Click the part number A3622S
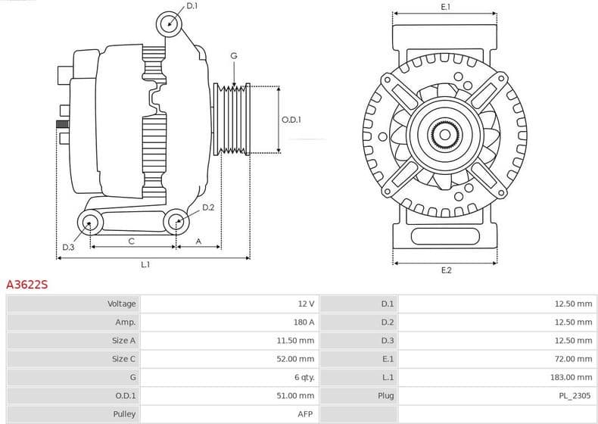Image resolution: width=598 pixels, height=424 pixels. [x=27, y=285]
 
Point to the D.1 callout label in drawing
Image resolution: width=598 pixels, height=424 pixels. [x=192, y=6]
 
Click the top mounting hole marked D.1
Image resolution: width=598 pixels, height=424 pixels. [x=170, y=23]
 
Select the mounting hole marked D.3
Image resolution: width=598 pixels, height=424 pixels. [x=91, y=223]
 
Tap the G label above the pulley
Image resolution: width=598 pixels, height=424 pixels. [x=234, y=56]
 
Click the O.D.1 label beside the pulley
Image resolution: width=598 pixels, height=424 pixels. [x=291, y=120]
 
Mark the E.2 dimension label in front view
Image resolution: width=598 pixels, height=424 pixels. [x=445, y=270]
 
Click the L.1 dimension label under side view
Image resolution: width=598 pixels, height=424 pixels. [x=145, y=264]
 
